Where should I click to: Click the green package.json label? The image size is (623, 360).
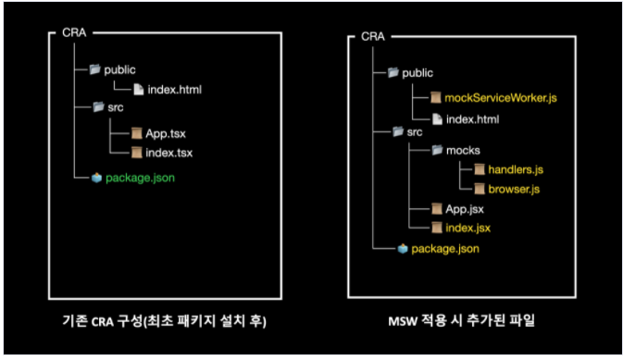[x=141, y=178]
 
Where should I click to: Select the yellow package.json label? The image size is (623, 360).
[x=445, y=249]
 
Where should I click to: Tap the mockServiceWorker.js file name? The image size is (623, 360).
[x=501, y=98]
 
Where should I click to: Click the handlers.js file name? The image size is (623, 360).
[x=516, y=169]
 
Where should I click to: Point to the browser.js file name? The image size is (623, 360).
[x=514, y=189]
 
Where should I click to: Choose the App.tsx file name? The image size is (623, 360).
[x=166, y=133]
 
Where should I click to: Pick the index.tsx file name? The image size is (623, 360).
[x=168, y=153]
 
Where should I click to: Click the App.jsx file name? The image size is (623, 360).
[x=465, y=209]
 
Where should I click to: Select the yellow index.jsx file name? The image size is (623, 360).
[x=468, y=228]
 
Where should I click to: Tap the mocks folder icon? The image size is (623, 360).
[x=437, y=150]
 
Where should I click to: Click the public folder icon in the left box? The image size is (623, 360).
[x=95, y=69]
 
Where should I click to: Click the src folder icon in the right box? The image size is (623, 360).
[x=398, y=131]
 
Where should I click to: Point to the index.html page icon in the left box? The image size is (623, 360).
[x=138, y=90]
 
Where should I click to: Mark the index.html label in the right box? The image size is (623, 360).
[x=473, y=119]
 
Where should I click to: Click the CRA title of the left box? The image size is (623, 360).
[x=74, y=32]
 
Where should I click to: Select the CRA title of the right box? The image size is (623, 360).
[x=373, y=37]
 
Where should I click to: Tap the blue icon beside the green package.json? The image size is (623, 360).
[x=96, y=178]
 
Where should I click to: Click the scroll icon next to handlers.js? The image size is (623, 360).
[x=480, y=169]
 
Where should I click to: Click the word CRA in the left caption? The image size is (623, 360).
[x=103, y=321]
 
